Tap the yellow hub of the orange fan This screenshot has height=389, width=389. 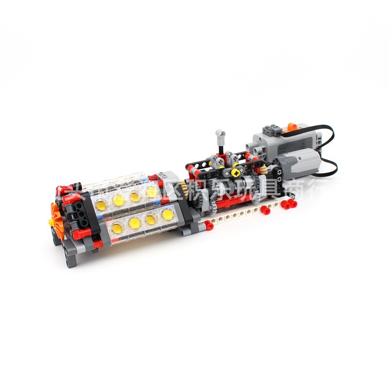click(51, 222)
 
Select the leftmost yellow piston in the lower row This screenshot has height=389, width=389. click(117, 227)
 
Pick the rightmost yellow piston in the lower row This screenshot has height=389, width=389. click(167, 214)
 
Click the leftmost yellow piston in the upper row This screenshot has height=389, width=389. click(118, 200)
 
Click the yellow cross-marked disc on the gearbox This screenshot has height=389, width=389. click(236, 172)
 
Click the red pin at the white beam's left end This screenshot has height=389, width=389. click(208, 225)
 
